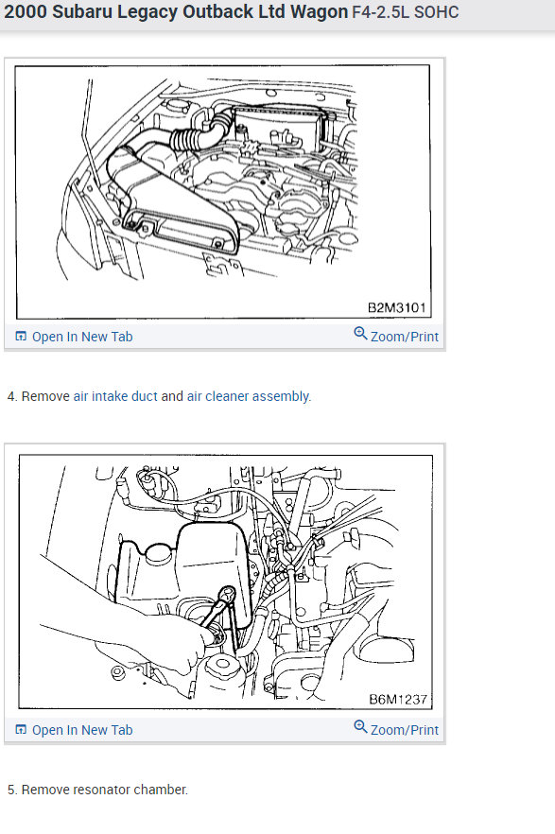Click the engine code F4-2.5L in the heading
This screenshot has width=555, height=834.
381,11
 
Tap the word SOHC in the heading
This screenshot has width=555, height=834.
437,11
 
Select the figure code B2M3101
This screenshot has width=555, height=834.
396,307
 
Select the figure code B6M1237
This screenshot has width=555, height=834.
398,699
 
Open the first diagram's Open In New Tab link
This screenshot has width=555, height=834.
82,337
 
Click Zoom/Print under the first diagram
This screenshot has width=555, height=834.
405,337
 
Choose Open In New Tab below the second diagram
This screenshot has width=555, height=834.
82,730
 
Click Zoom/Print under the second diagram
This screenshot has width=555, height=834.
405,730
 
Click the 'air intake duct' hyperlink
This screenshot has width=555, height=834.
115,396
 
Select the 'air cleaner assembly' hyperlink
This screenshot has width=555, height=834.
248,396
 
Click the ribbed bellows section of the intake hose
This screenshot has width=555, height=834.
186,139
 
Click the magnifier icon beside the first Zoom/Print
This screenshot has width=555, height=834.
360,334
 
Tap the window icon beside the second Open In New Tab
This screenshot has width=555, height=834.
21,729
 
